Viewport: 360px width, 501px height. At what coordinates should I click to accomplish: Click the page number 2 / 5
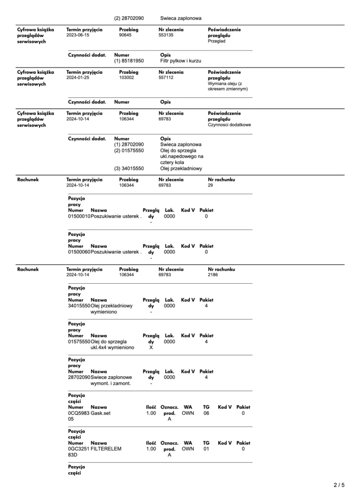click(x=339, y=485)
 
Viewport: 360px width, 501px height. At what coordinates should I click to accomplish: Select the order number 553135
click(x=166, y=35)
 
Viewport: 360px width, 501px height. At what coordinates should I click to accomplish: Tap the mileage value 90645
click(x=125, y=35)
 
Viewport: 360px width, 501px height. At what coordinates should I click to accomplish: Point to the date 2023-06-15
click(x=78, y=35)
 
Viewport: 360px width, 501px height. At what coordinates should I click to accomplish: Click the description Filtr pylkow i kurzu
click(x=181, y=61)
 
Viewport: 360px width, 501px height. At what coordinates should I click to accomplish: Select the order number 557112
click(x=166, y=77)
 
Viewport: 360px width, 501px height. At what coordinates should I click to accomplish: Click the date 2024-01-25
click(x=78, y=77)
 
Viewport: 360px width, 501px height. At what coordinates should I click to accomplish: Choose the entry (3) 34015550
click(x=129, y=168)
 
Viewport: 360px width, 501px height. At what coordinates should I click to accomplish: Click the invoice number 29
click(x=211, y=185)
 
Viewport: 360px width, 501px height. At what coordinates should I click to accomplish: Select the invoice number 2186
click(x=213, y=275)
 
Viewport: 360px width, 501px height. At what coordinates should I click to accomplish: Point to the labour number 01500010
click(x=79, y=216)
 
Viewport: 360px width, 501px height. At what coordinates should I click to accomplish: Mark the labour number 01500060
click(x=79, y=252)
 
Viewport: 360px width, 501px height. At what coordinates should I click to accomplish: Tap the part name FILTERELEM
click(x=106, y=449)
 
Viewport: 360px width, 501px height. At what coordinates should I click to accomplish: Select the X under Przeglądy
click(x=151, y=347)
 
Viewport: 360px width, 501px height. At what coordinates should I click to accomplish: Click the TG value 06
click(x=206, y=413)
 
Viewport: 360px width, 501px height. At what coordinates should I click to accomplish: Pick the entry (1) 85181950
click(x=129, y=61)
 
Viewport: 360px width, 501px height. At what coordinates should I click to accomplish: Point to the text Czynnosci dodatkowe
click(x=229, y=125)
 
